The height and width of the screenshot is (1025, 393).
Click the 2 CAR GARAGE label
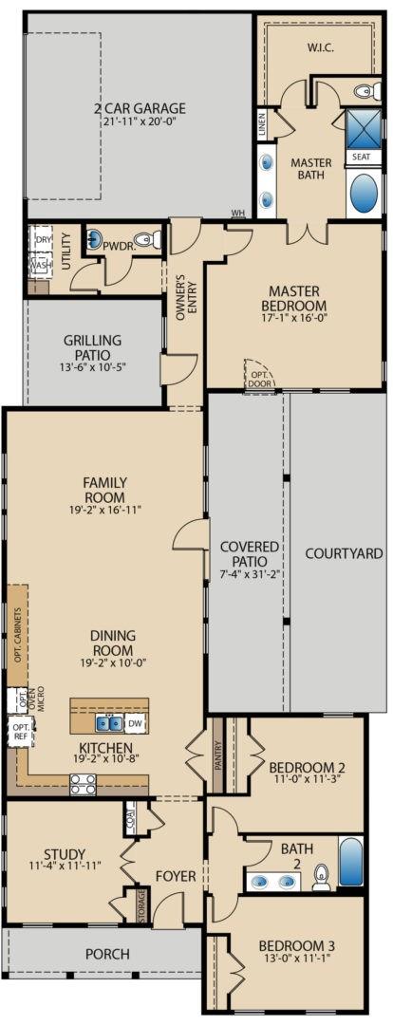point(139,108)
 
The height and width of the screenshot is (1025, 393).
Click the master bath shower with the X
point(365,128)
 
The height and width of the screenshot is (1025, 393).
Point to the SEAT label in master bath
point(362,157)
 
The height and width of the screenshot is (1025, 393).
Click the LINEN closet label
point(262,124)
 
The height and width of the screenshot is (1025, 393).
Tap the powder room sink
point(96,238)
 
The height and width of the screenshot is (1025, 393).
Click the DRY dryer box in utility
point(43,240)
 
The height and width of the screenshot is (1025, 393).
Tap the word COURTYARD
point(343,553)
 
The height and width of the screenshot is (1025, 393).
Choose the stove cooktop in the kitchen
point(83,784)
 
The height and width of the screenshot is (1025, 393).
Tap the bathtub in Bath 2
point(351,861)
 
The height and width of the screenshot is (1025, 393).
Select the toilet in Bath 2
point(322,876)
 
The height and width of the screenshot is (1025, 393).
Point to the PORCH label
point(106,954)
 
